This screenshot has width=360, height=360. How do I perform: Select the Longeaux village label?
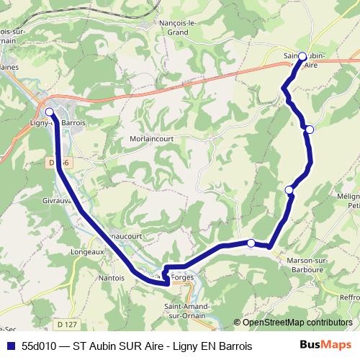point(88,253)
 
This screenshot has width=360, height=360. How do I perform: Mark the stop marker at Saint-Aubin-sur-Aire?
point(302,56)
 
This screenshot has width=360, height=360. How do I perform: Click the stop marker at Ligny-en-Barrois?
point(50,112)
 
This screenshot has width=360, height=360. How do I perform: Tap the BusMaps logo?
point(324,346)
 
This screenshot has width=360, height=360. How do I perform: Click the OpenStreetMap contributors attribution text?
point(294,323)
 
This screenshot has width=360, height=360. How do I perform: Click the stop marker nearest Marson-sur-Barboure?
point(251,243)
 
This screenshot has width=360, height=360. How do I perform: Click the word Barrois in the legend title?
point(235,346)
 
